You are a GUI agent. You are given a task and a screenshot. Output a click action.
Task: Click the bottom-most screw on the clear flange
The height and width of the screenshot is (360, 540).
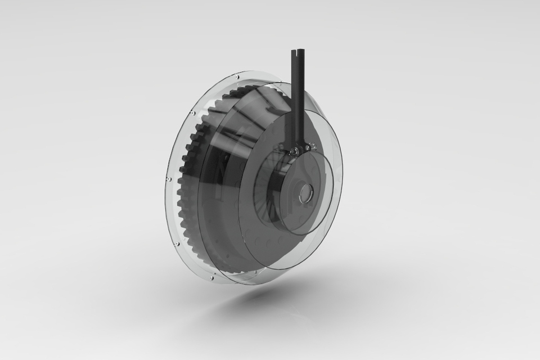click(211, 277)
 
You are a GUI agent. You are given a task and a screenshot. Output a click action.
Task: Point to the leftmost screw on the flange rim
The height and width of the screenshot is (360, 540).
click(168, 179)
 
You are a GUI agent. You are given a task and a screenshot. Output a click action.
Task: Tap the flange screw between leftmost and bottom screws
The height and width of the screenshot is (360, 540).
click(177, 244)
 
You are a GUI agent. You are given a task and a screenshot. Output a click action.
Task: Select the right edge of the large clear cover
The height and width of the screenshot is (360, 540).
click(341, 180)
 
